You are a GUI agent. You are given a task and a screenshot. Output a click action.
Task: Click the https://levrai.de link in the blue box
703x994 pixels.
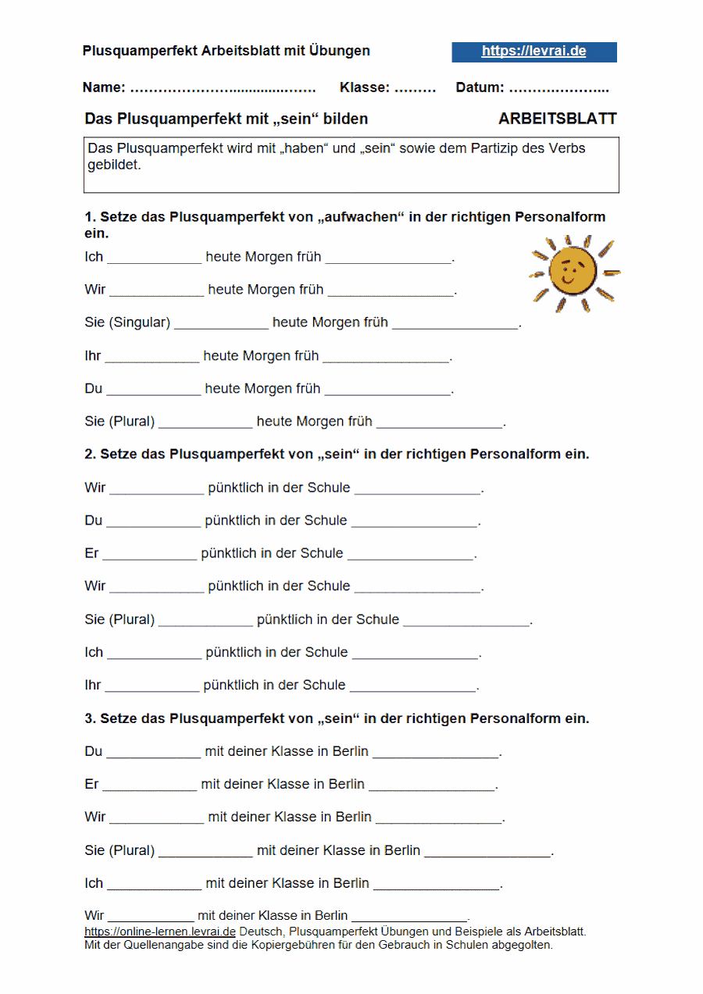(x=533, y=52)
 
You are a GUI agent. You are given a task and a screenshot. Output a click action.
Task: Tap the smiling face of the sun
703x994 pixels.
(x=573, y=271)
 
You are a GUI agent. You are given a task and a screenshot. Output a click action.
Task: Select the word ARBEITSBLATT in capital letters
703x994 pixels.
(x=557, y=119)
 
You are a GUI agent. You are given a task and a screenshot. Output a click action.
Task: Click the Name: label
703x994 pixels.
(x=104, y=87)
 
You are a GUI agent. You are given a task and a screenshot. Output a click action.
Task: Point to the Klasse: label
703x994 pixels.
(x=364, y=87)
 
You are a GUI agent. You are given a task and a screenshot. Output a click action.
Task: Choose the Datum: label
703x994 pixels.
(x=480, y=87)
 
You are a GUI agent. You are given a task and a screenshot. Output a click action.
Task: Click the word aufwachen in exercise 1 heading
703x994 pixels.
(x=360, y=217)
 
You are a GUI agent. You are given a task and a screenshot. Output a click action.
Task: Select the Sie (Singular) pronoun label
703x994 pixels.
(x=127, y=322)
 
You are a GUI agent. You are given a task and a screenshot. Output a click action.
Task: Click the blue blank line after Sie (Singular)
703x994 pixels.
(x=221, y=327)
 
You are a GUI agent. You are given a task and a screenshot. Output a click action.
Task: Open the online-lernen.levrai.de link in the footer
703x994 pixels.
(x=160, y=932)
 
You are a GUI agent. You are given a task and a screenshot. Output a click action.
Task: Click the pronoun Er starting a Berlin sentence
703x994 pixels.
(x=92, y=784)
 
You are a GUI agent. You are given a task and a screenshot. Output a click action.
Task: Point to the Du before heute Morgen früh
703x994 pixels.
(x=94, y=389)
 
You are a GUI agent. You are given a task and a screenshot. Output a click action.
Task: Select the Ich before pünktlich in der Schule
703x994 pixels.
(x=94, y=652)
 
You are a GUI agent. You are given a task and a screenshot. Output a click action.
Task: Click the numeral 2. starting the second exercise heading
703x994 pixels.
(x=90, y=454)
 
